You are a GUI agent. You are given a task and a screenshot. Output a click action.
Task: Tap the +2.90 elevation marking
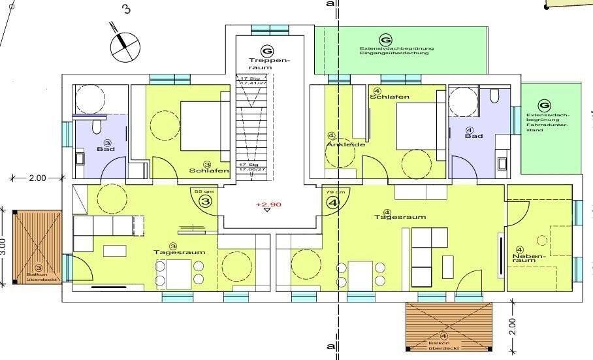coord(268,205)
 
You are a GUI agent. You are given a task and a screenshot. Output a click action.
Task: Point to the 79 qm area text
coord(332,191)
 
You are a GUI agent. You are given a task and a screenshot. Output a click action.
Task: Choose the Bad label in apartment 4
coord(473,136)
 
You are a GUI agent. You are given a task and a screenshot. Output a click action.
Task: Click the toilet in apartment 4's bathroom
coord(494,97)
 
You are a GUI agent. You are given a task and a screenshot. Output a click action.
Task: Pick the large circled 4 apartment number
coord(332,202)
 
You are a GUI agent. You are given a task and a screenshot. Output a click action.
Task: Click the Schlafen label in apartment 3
coord(208,171)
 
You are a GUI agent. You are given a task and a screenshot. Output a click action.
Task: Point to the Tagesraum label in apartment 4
coord(391,217)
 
